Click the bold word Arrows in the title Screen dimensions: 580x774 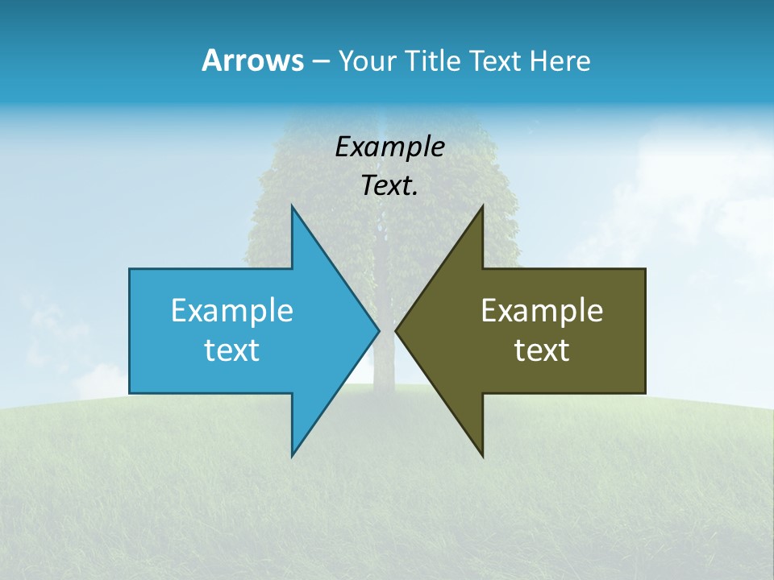tap(252, 60)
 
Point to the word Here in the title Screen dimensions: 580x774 tap(560, 61)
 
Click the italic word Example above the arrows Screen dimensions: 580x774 tap(390, 147)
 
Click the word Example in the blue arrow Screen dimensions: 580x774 tap(232, 310)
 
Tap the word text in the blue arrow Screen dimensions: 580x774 tap(232, 350)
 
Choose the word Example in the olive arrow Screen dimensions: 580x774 tap(542, 310)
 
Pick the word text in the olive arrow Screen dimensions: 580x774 tap(542, 350)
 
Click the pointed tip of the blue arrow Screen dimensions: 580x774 tap(379, 330)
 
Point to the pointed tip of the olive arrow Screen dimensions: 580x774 tap(396, 330)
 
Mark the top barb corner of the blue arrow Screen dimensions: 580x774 tap(292, 206)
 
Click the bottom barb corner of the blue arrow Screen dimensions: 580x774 tap(292, 456)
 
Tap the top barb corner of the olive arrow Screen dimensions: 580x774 tap(482, 206)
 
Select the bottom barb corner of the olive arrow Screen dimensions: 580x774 tap(482, 456)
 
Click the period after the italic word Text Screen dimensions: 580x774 tap(415, 193)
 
